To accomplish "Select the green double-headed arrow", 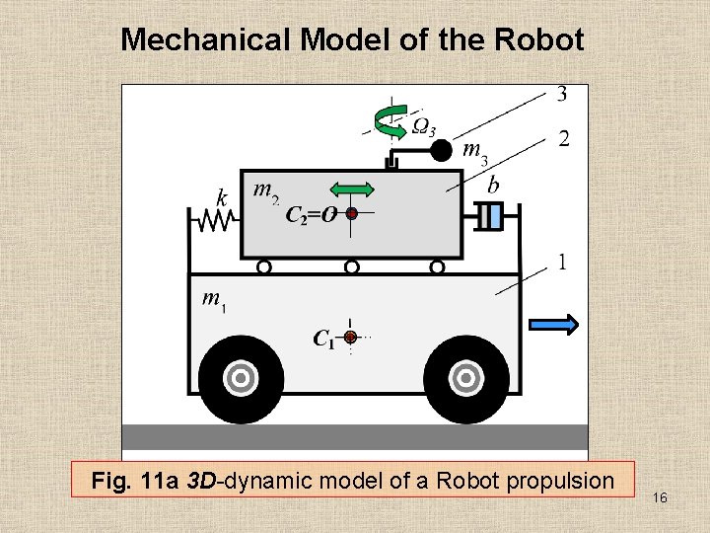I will tap(351, 190).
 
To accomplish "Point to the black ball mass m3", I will tap(443, 150).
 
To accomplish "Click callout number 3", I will tap(561, 95).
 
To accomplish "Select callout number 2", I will tap(563, 139).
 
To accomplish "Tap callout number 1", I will tap(561, 263).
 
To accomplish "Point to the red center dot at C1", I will tap(350, 338).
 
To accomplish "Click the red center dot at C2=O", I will tap(351, 212).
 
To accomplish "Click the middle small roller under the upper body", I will tap(351, 266).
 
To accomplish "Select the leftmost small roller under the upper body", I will tap(264, 266).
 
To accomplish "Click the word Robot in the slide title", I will tap(542, 40).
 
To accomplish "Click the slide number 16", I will tap(660, 498).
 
